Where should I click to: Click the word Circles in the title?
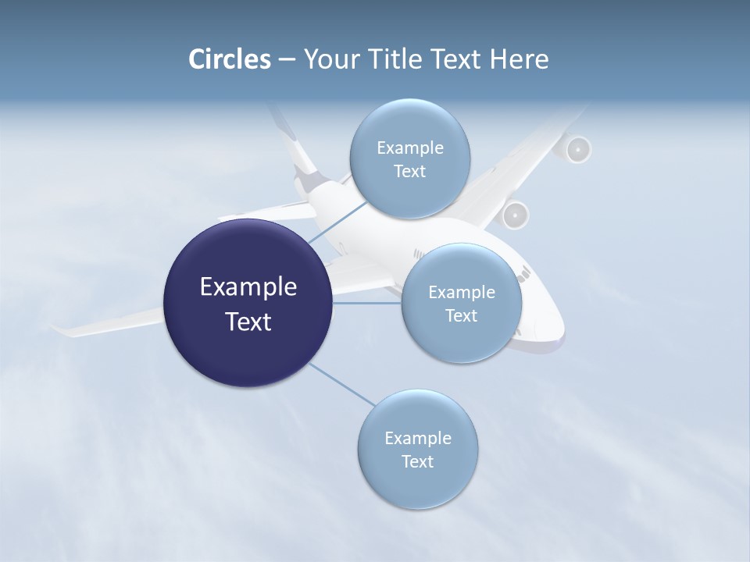[229, 59]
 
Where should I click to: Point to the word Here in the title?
[520, 59]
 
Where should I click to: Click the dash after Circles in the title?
[287, 60]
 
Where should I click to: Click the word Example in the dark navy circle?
[248, 287]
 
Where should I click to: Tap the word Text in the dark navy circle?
[248, 322]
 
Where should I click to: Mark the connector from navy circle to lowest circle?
[341, 384]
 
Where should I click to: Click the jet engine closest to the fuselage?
[516, 215]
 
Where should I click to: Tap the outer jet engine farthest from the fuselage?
[577, 149]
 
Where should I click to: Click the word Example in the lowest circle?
[418, 438]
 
